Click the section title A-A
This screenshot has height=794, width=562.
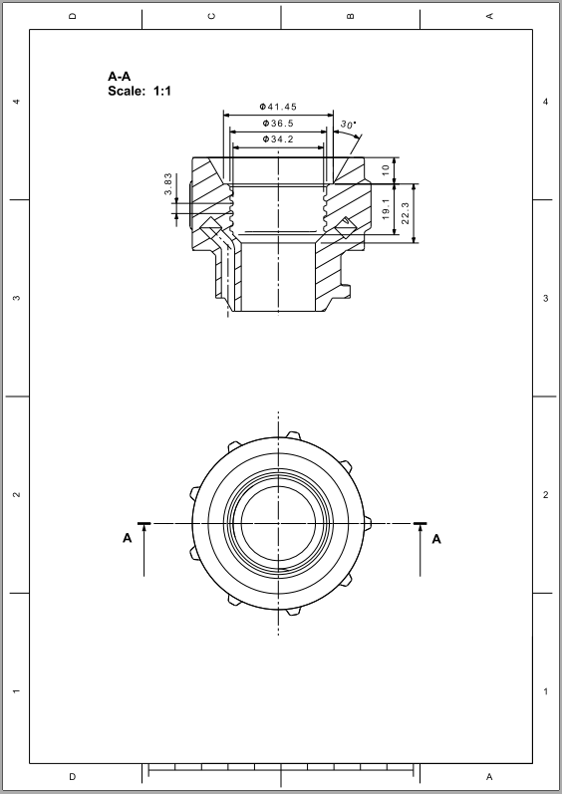pos(119,76)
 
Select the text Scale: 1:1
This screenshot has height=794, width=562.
pos(140,91)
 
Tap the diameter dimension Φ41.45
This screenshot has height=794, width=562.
pos(278,107)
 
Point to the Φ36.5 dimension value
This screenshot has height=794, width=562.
pos(278,123)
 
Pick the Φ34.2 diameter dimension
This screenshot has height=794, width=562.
pos(278,139)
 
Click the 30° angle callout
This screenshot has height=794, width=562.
pos(347,125)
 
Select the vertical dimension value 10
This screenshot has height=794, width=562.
pos(386,169)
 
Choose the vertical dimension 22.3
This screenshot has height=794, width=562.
pos(406,212)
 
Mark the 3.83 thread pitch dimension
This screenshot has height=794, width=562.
pos(168,185)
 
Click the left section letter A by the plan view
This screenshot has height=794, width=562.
pos(127,539)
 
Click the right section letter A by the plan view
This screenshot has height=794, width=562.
pos(436,539)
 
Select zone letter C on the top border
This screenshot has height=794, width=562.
pos(211,16)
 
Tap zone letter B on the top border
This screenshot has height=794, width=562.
pos(351,16)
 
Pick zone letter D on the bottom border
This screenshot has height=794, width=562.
pos(72,776)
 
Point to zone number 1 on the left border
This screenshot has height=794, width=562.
pos(15,691)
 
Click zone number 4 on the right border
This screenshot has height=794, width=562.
pos(545,102)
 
